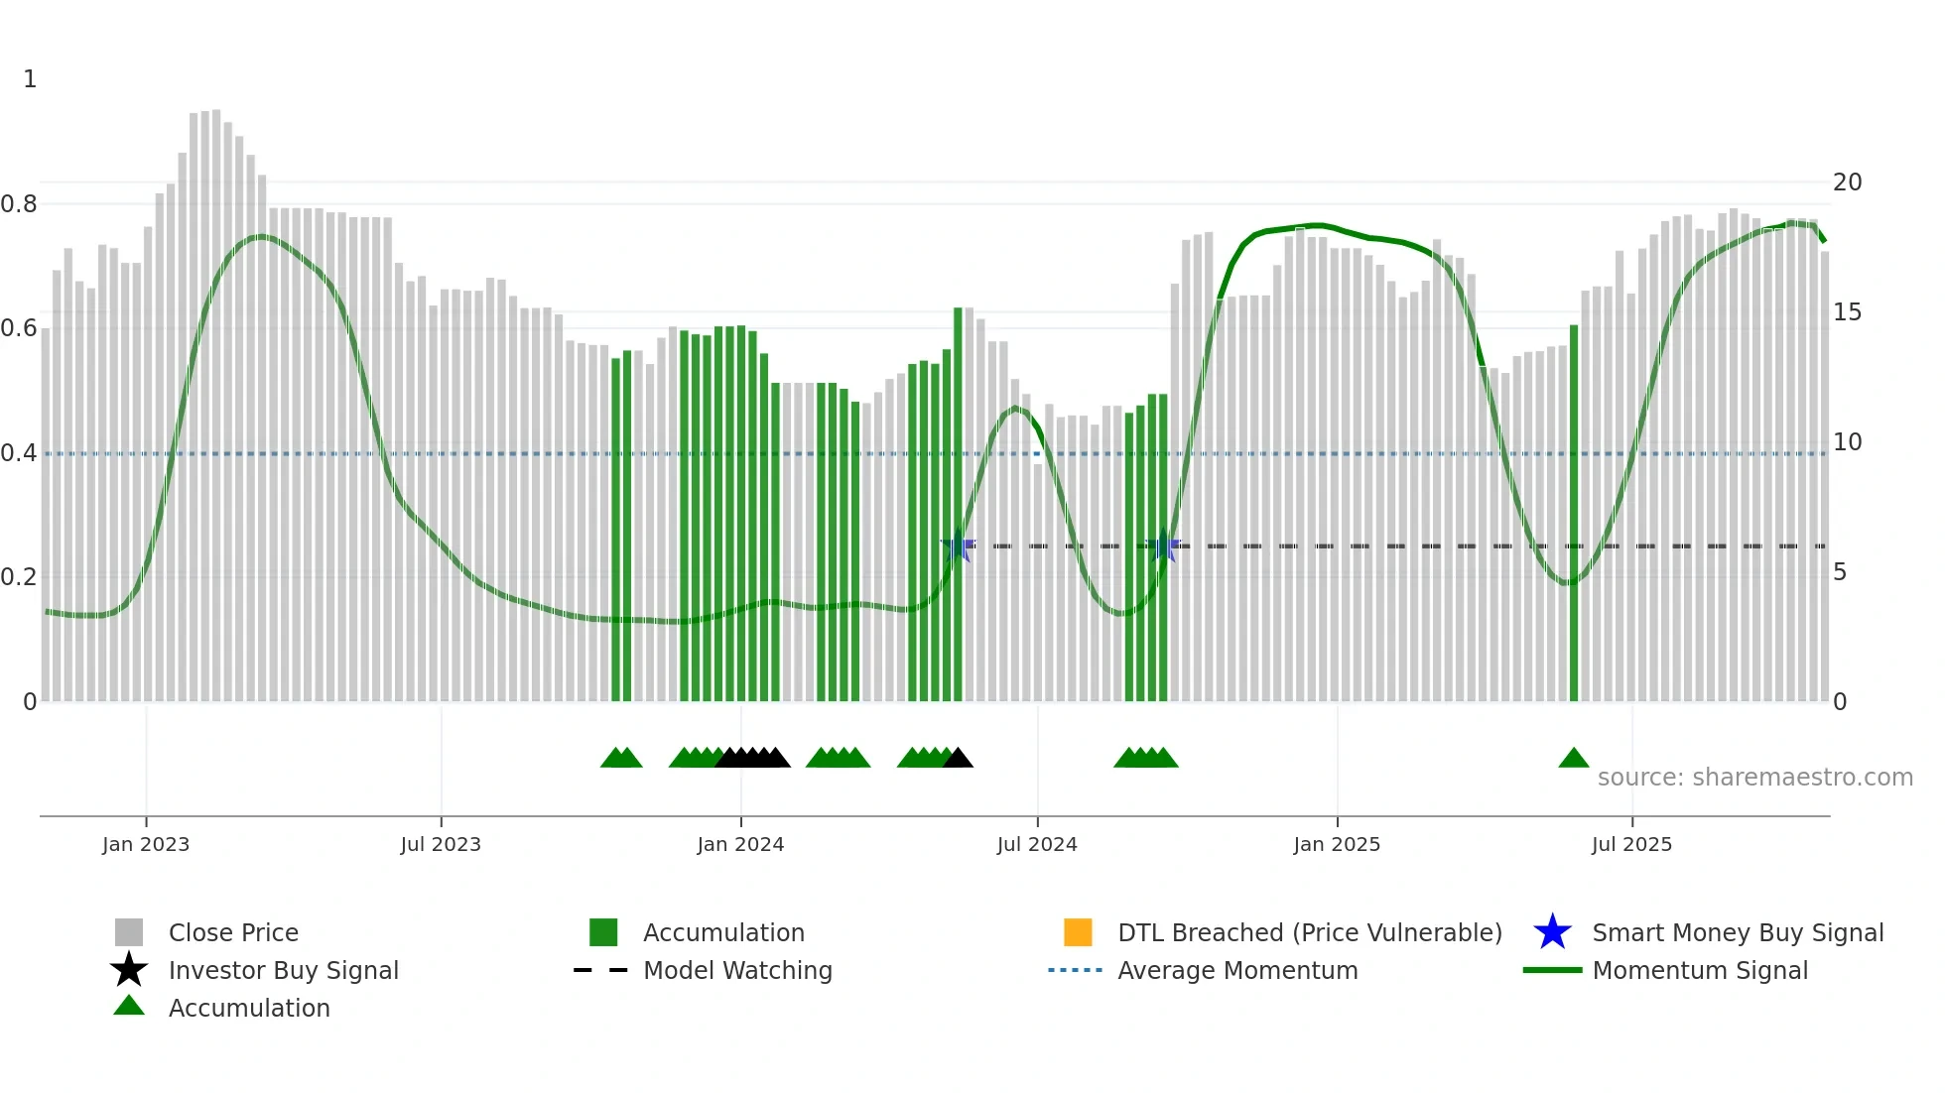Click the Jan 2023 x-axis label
tap(145, 844)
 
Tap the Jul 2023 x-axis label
tap(441, 844)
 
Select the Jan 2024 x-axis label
tap(740, 844)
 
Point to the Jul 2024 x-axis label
tap(1037, 844)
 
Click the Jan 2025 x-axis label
tap(1337, 844)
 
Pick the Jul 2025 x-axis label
tap(1631, 844)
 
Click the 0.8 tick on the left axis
tap(19, 204)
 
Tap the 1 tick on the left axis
tap(30, 79)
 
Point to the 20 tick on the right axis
tap(1847, 182)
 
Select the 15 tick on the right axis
tap(1847, 312)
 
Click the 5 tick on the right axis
tap(1840, 572)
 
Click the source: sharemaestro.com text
tap(1754, 778)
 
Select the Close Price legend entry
tap(233, 932)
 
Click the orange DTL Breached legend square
tap(1078, 932)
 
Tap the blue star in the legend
tap(1552, 932)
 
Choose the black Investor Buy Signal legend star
tap(129, 970)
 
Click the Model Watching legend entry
tap(737, 970)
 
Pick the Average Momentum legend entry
tap(1237, 970)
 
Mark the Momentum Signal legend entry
tap(1700, 970)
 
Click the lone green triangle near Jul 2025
tap(1574, 759)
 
